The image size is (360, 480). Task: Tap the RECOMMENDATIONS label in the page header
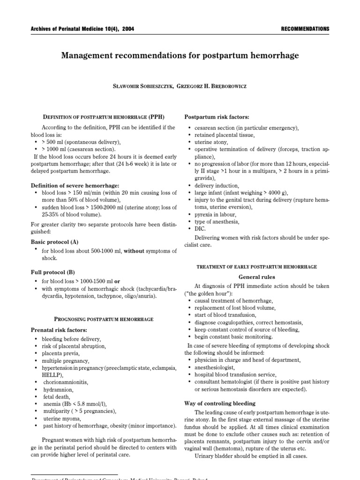[305, 29]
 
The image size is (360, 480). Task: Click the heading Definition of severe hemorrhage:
[75, 186]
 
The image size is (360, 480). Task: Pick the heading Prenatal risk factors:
[60, 330]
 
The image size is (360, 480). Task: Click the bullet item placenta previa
[61, 353]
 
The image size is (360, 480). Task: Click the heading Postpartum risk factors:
[217, 117]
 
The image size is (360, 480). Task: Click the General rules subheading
[257, 277]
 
